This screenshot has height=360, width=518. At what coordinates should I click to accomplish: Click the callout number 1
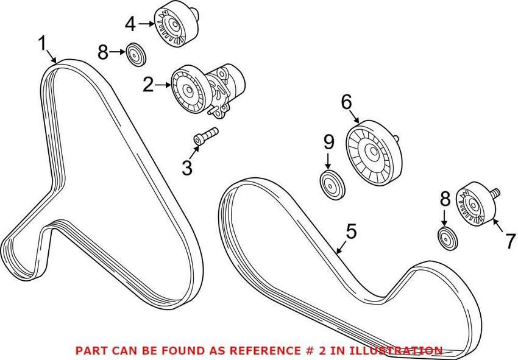[43, 44]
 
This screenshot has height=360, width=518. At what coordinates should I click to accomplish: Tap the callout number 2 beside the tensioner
[148, 85]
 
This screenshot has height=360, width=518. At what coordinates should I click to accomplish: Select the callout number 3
[187, 167]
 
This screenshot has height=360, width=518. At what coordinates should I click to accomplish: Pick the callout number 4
[130, 24]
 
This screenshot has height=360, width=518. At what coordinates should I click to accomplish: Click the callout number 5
[351, 231]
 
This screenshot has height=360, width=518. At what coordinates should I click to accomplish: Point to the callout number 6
[347, 102]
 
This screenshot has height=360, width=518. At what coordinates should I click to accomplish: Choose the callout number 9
[328, 142]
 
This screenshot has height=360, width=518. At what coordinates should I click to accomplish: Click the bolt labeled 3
[205, 136]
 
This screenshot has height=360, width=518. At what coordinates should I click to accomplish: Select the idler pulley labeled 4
[176, 24]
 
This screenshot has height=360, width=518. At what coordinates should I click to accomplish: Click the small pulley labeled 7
[476, 205]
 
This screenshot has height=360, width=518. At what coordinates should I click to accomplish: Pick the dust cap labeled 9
[332, 185]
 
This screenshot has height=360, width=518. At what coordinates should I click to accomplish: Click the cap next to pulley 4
[137, 54]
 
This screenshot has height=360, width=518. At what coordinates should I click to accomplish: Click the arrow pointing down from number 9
[328, 162]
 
